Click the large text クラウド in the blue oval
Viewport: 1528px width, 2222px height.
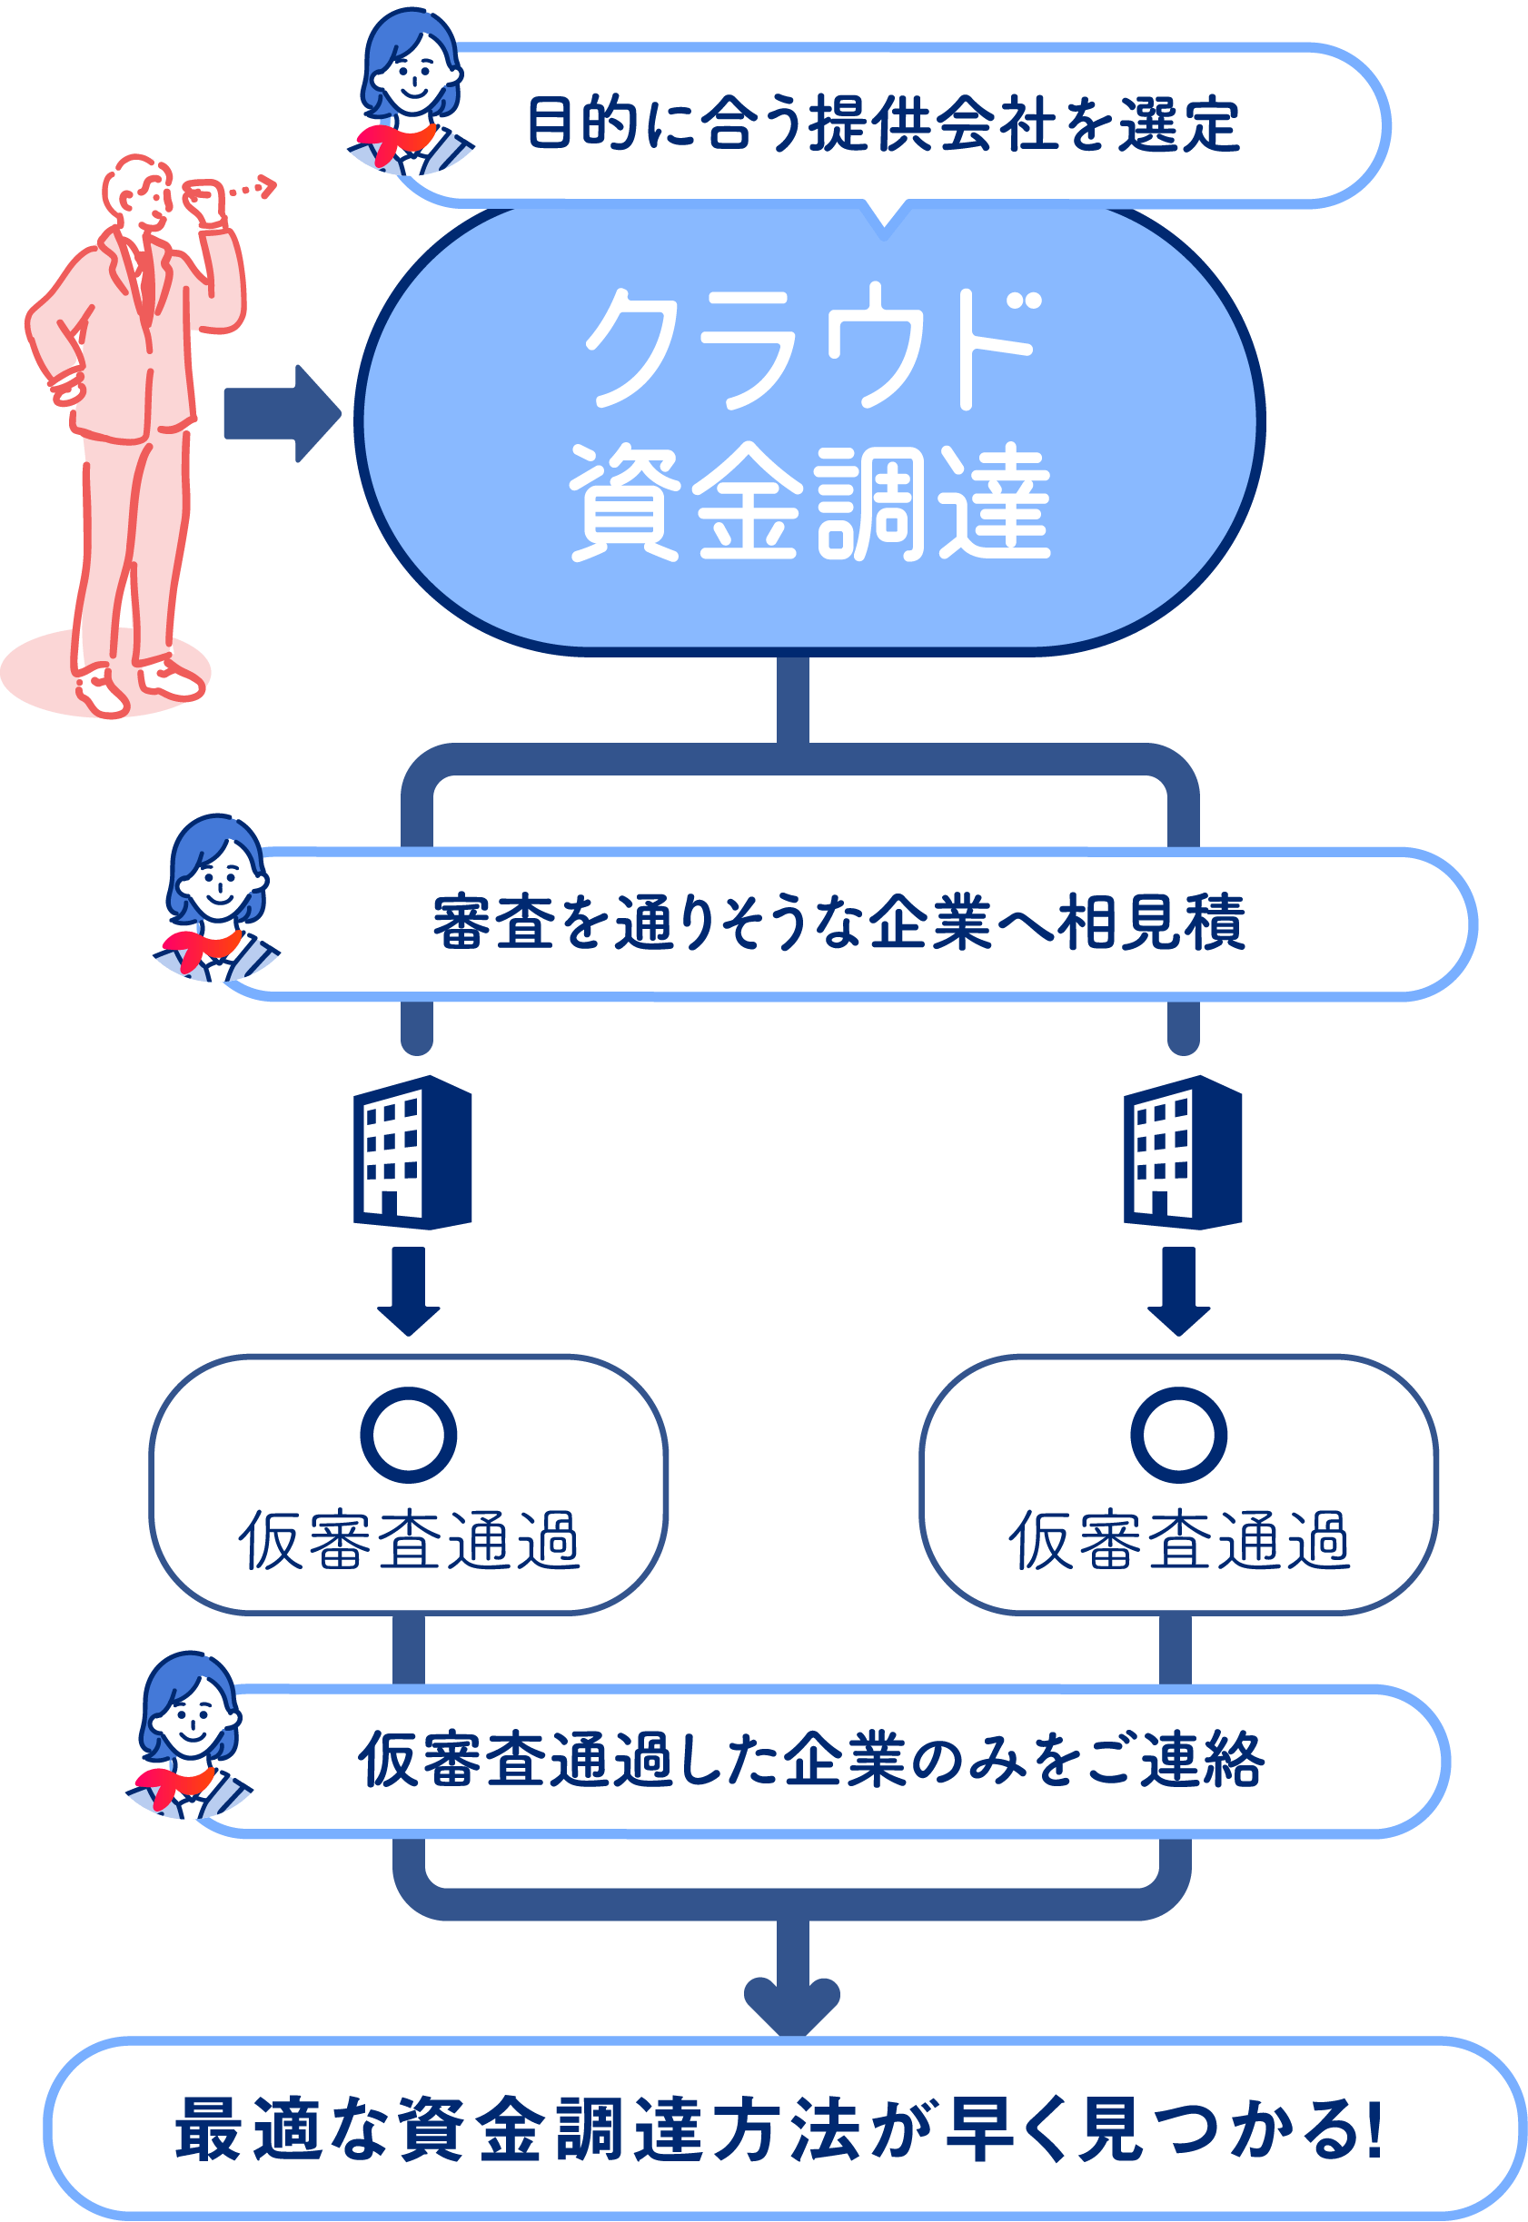812,346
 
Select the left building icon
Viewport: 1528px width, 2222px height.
412,1152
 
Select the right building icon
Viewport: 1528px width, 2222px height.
1183,1152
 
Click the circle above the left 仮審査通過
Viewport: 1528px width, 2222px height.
409,1435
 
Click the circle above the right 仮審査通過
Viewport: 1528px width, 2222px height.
1178,1435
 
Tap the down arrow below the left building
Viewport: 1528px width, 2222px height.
409,1291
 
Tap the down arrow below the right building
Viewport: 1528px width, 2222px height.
1178,1291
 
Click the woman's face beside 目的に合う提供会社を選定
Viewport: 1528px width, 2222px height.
412,76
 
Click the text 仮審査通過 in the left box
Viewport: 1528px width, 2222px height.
409,1540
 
